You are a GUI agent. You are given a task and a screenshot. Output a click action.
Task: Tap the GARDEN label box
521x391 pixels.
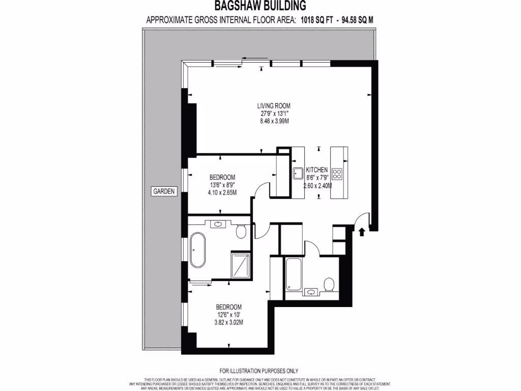[163, 192]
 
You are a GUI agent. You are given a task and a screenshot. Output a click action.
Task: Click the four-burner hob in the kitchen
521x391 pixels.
[337, 174]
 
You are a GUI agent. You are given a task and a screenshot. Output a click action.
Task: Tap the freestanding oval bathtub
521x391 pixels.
[197, 249]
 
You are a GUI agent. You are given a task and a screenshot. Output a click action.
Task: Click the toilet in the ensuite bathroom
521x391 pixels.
[242, 233]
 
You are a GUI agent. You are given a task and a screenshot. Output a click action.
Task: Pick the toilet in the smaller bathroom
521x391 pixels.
[329, 284]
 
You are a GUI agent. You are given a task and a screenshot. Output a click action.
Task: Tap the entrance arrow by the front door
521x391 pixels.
[362, 233]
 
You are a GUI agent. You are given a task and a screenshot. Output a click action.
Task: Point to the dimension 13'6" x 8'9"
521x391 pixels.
[221, 185]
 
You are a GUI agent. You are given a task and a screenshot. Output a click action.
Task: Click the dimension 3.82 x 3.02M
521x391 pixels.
[228, 322]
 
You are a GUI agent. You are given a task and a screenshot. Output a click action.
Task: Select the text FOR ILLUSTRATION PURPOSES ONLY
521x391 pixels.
[259, 371]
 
